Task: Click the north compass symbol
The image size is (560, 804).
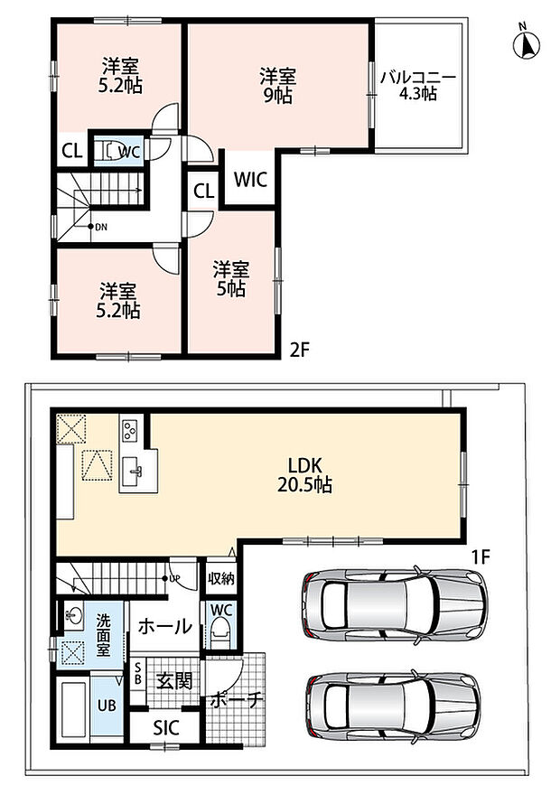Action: [527, 43]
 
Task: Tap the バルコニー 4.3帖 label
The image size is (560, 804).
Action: [417, 86]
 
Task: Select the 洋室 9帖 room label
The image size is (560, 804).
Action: [277, 86]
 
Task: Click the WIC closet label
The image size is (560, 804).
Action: [251, 180]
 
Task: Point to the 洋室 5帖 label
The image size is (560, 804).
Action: [231, 279]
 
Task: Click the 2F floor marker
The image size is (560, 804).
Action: [300, 350]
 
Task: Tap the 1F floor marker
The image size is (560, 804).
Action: [481, 556]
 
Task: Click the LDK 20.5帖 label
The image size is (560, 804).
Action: [304, 475]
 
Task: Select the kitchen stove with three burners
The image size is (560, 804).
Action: [129, 430]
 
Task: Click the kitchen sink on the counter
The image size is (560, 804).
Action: [134, 468]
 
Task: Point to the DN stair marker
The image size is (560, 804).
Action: [98, 227]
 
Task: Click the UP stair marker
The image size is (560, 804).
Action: [172, 579]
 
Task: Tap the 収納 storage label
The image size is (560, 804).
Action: [221, 578]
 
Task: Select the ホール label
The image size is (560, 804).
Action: [165, 626]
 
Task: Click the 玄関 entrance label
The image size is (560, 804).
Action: [174, 681]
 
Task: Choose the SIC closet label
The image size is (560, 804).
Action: [165, 727]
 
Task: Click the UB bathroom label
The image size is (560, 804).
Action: [107, 705]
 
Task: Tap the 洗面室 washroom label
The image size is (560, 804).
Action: [104, 635]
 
